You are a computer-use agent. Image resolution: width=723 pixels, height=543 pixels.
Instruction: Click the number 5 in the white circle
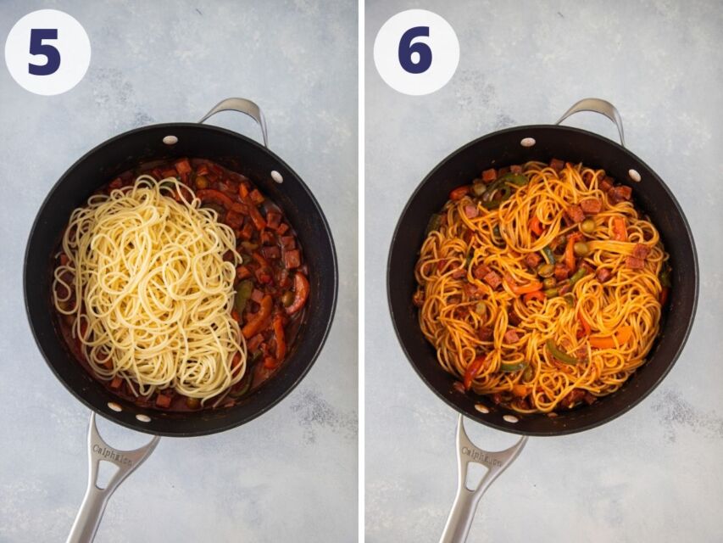click(x=45, y=53)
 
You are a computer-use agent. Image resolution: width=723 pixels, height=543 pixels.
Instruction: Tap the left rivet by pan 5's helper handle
click(x=170, y=140)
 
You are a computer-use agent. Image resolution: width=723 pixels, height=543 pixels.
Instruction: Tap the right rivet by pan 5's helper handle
click(x=276, y=176)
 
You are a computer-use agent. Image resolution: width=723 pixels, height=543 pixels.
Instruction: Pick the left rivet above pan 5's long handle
click(x=114, y=406)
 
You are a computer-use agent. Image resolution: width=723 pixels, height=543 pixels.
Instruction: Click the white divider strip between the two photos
click(x=361, y=271)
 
